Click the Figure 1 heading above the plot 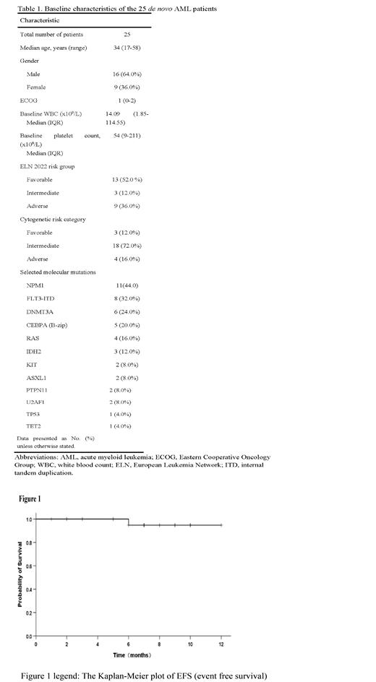click(30, 498)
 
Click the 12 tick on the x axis click(221, 644)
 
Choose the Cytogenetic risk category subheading click(54, 219)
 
